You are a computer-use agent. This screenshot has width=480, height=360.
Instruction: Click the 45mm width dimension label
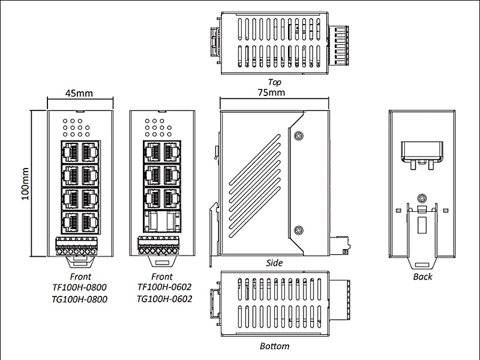79,93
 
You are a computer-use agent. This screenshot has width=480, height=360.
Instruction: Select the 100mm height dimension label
25,184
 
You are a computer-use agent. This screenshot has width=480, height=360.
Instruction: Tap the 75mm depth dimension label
271,92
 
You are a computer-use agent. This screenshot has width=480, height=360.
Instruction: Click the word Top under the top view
274,82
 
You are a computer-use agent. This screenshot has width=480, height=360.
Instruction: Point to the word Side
274,263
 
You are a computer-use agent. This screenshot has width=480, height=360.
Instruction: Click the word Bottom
274,346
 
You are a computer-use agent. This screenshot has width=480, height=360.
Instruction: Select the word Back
422,277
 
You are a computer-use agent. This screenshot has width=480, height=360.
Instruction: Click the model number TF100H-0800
79,287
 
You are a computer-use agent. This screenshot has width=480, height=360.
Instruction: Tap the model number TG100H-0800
79,299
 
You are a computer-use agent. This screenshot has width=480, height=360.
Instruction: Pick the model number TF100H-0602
164,287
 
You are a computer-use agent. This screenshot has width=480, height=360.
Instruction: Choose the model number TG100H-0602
164,298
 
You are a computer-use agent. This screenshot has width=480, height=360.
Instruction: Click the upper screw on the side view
298,136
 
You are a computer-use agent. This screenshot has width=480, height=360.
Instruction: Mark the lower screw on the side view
298,230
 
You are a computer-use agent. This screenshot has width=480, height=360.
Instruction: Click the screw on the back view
422,198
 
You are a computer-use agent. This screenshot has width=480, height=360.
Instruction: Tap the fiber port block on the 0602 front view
162,221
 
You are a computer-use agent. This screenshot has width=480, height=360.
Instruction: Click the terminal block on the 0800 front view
77,246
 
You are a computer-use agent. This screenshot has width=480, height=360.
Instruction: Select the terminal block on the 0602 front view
158,245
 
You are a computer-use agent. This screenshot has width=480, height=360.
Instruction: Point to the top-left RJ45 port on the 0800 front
70,152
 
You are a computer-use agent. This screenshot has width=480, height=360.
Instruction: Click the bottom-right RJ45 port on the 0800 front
89,222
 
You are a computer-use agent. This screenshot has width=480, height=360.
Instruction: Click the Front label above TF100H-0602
161,277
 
